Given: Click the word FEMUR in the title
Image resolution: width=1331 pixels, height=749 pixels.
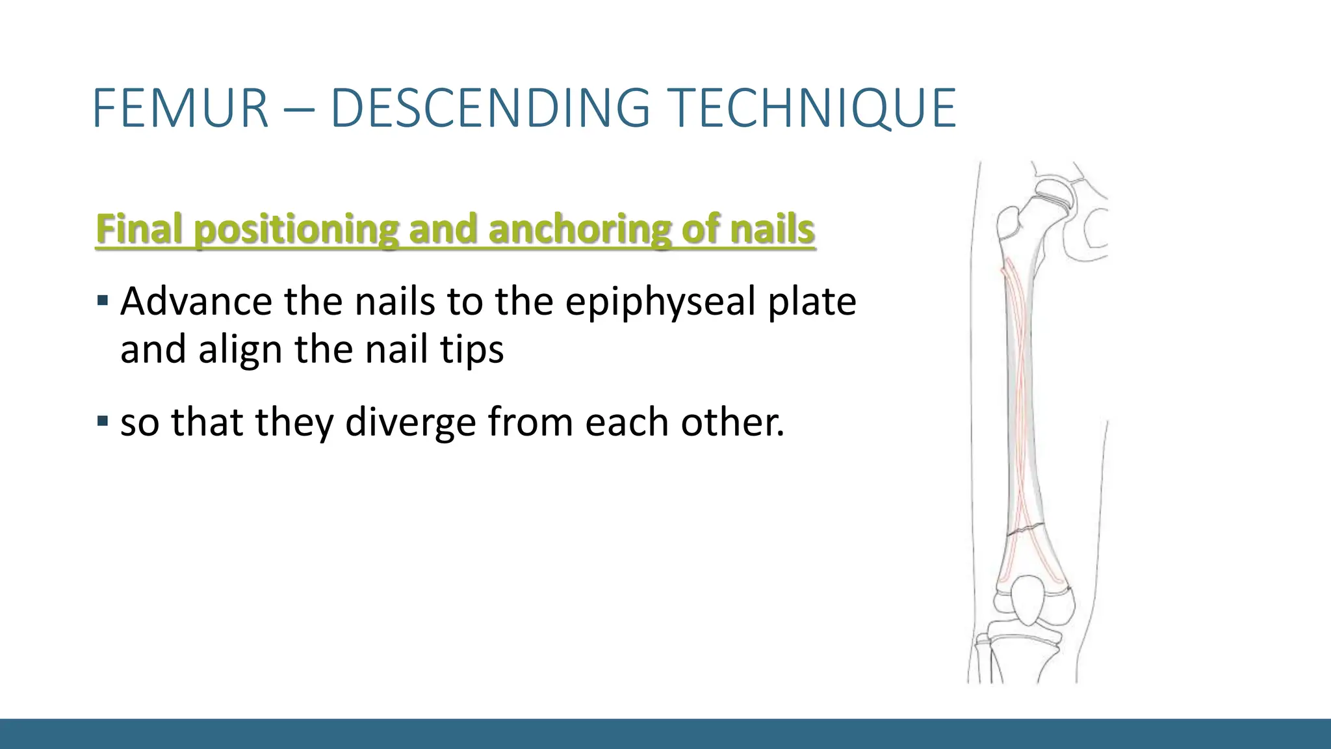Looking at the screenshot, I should click(x=181, y=108).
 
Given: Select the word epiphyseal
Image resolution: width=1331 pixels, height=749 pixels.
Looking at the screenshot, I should click(x=660, y=303).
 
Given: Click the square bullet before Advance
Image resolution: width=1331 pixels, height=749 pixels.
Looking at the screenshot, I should click(x=102, y=301).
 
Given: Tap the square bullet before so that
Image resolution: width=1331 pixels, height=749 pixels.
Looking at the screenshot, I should click(x=102, y=421).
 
